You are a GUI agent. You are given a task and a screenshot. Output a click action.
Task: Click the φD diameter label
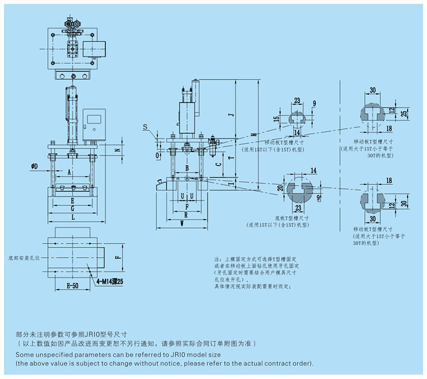(35, 167)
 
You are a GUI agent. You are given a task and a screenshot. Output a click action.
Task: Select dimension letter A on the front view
(69, 171)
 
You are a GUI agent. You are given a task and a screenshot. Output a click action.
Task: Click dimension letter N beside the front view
(117, 150)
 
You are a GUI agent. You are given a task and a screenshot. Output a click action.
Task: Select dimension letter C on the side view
(219, 163)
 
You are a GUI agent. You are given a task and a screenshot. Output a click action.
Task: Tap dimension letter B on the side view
(187, 168)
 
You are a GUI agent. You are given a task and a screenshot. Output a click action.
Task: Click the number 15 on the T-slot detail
(277, 119)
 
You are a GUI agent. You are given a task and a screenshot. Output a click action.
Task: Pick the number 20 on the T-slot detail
(280, 188)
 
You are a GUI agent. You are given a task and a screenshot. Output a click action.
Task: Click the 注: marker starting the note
(217, 257)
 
